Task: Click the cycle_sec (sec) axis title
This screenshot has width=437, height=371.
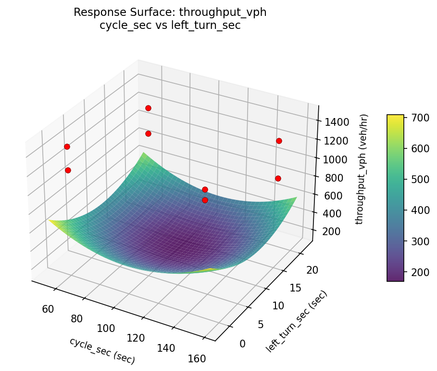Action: pos(102,350)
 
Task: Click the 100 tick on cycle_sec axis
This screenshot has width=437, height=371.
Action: pos(106,328)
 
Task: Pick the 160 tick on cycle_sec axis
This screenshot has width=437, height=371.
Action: pos(197,358)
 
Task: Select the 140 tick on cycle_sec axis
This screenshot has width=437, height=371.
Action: pos(166,348)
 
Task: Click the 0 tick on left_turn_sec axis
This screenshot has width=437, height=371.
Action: pos(242,343)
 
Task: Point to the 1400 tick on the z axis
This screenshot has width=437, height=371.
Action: pos(334,122)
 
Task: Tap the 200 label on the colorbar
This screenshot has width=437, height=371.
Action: pos(417,272)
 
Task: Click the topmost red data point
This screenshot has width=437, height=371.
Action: pos(148,108)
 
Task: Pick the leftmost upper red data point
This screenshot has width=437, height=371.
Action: pos(67,146)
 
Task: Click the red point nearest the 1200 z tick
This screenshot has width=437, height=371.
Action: pos(279,141)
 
